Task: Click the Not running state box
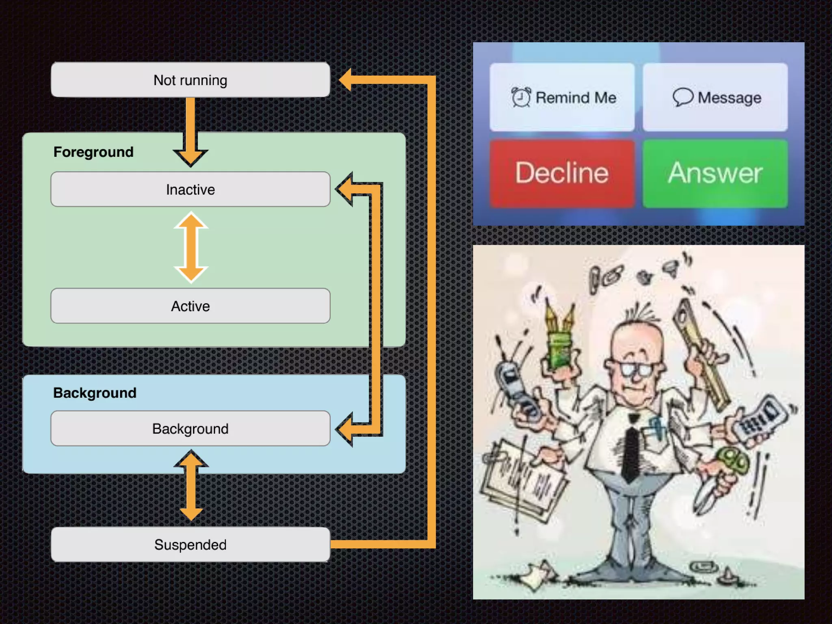[190, 80]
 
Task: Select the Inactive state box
[190, 189]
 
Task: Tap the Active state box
[190, 306]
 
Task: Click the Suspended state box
[190, 544]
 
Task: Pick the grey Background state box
[190, 429]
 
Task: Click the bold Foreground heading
[93, 152]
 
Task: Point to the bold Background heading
[95, 393]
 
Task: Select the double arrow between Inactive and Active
[191, 247]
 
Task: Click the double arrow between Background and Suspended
[191, 486]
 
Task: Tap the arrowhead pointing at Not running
[346, 80]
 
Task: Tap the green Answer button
[715, 173]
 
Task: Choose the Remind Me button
[562, 97]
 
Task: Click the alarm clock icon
[521, 97]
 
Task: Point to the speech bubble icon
[682, 97]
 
